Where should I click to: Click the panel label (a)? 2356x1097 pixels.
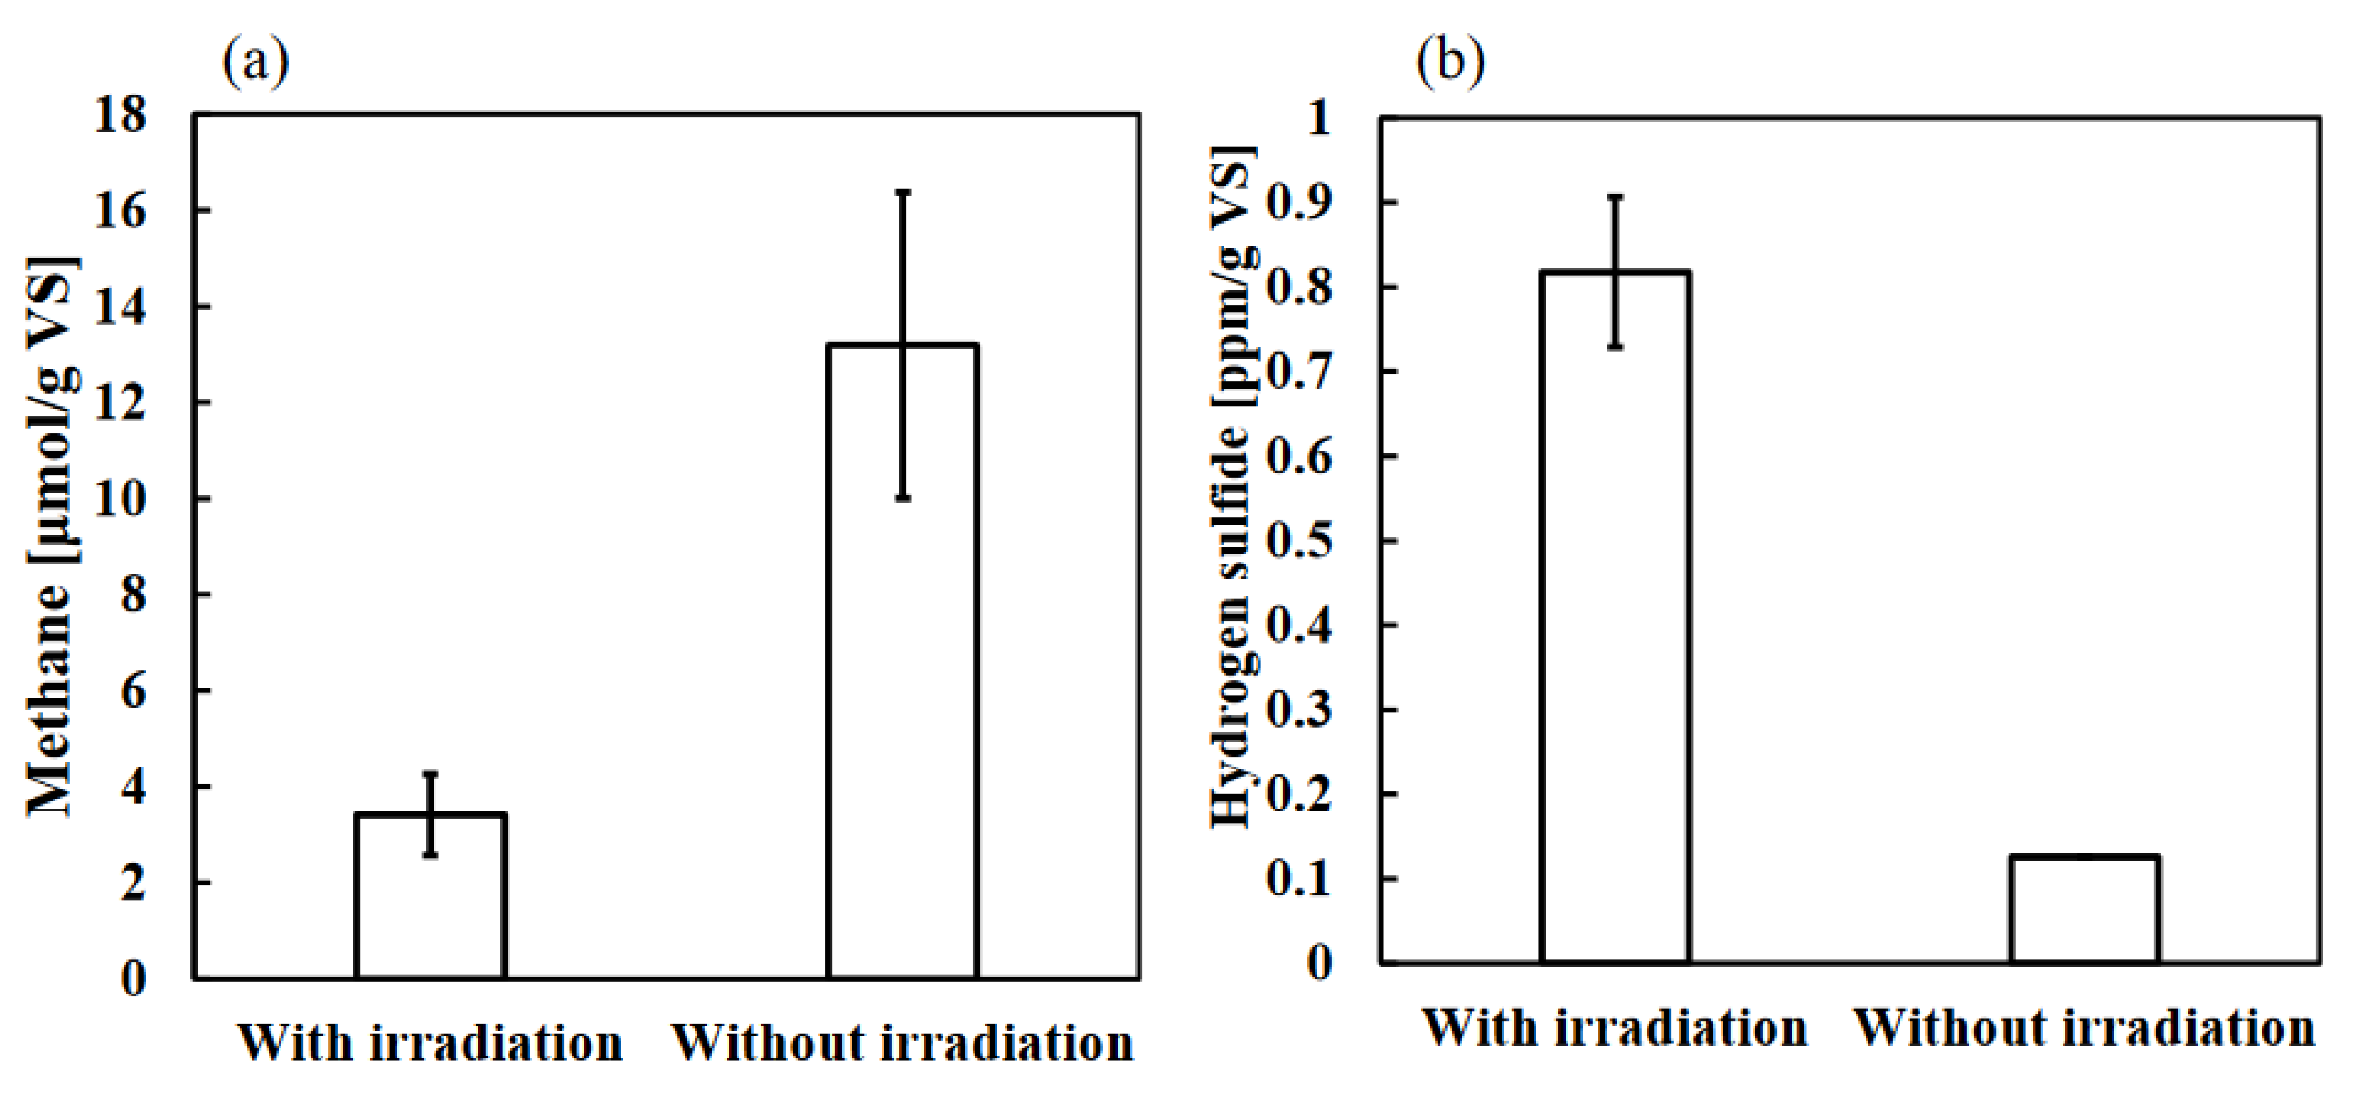tap(255, 62)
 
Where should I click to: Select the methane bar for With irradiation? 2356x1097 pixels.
tap(430, 896)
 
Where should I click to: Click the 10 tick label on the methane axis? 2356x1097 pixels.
tap(120, 499)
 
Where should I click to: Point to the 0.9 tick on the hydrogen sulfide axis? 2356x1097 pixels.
tap(1299, 203)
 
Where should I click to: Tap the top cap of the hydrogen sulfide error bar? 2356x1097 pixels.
tap(1615, 197)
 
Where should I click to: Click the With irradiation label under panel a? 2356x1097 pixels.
tap(430, 1043)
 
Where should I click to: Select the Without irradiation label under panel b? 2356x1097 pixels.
tap(2085, 1028)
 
